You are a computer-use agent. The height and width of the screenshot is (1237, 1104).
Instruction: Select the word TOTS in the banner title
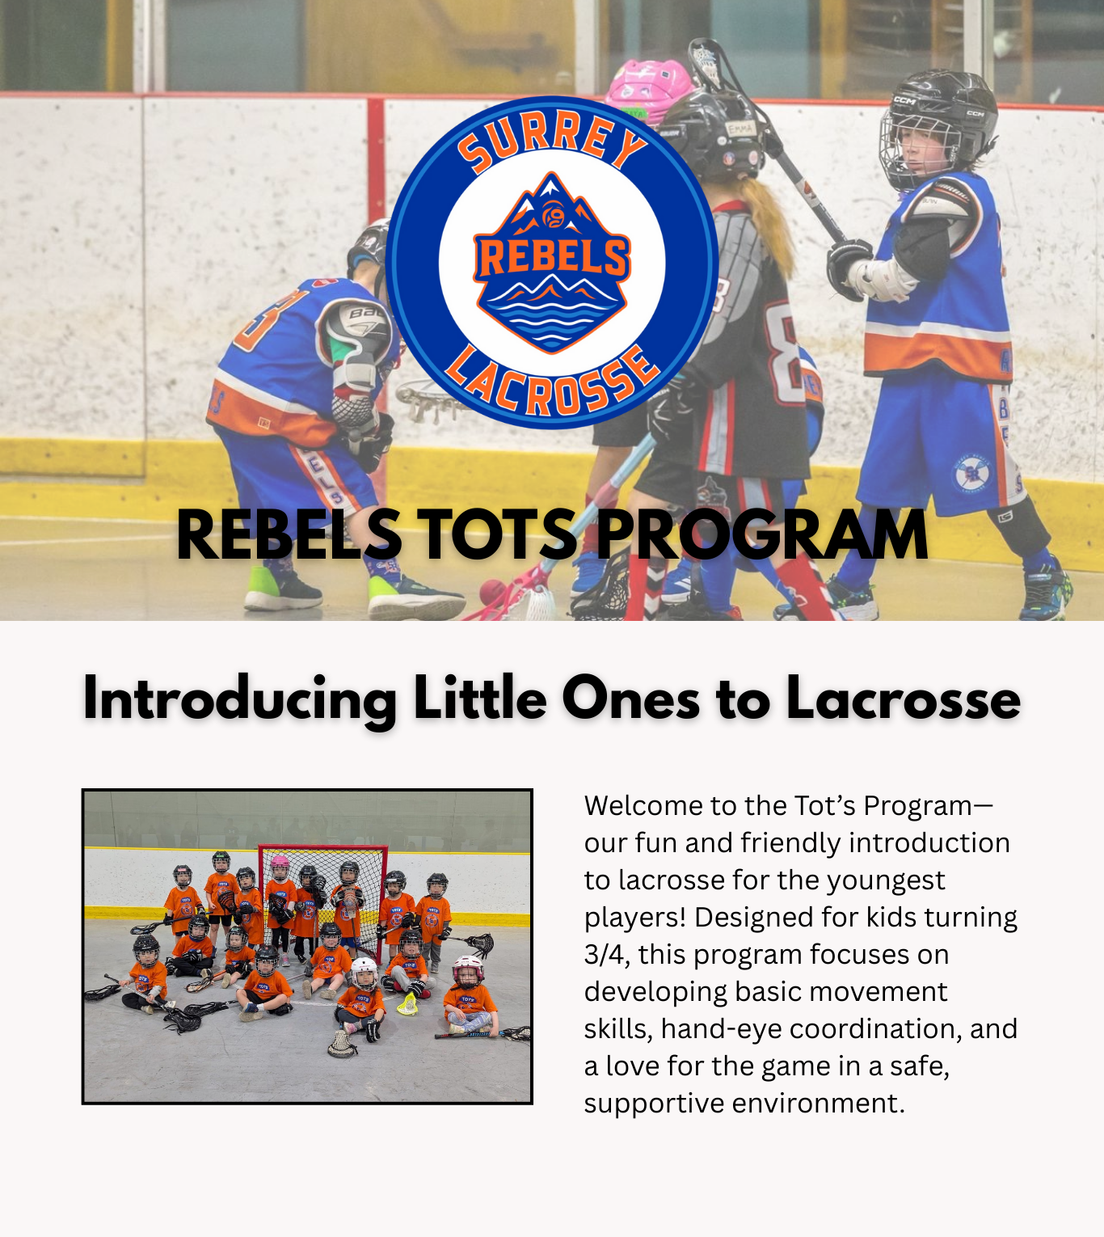(x=496, y=535)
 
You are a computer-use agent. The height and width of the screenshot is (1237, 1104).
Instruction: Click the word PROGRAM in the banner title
(x=761, y=535)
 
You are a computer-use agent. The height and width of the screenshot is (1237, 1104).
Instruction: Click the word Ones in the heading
(x=630, y=698)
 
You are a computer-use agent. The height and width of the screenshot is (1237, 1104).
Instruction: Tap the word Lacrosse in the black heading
(x=904, y=698)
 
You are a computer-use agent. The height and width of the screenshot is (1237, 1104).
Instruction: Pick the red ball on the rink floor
(x=493, y=591)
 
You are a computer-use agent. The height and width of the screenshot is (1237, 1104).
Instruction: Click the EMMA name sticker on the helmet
(x=740, y=129)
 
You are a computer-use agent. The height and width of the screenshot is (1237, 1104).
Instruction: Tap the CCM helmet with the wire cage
(x=937, y=129)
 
